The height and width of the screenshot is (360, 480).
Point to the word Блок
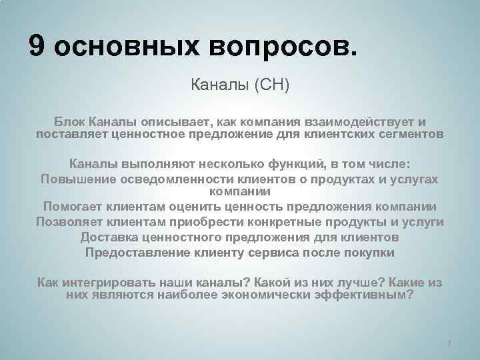coord(69,123)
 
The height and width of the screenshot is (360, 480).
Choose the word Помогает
coord(74,206)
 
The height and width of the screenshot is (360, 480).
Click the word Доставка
coord(109,237)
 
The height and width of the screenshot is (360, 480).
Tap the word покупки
coord(369,253)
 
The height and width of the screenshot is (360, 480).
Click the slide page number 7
coord(449,343)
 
